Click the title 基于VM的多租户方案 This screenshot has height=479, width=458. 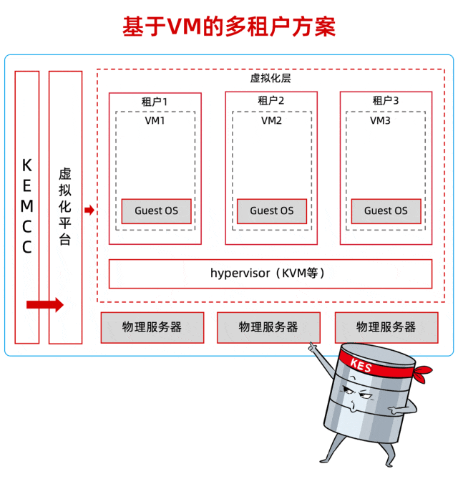click(229, 26)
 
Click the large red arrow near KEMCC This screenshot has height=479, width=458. click(44, 305)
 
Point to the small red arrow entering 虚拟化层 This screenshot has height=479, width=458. click(89, 210)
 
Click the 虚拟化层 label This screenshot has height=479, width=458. click(271, 78)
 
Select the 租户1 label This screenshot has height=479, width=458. click(155, 101)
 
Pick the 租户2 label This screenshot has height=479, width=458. click(271, 101)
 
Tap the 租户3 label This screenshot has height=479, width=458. click(386, 101)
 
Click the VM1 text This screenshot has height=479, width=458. click(155, 120)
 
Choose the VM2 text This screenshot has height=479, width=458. click(271, 120)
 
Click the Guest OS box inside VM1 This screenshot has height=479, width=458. click(157, 211)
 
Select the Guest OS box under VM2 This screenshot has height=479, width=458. click(272, 211)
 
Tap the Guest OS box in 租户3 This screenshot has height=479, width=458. click(386, 211)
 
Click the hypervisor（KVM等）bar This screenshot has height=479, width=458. click(271, 273)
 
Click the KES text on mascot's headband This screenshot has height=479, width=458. click(361, 364)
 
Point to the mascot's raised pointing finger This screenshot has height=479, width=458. click(312, 347)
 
